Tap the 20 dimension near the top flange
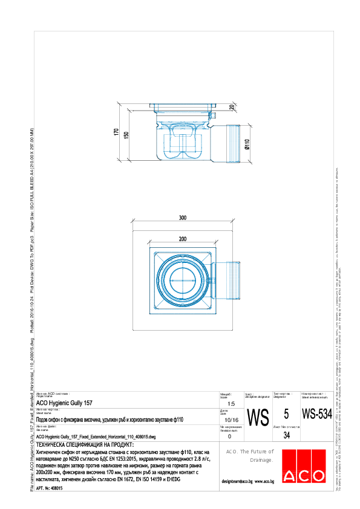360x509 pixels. click(232, 107)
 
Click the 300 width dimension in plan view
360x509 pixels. click(182, 218)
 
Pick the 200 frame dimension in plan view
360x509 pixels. click(182, 239)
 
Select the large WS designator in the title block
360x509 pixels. click(258, 418)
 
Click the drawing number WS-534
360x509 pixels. click(316, 415)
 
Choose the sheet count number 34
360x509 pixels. click(286, 435)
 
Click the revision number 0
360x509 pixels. click(229, 436)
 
